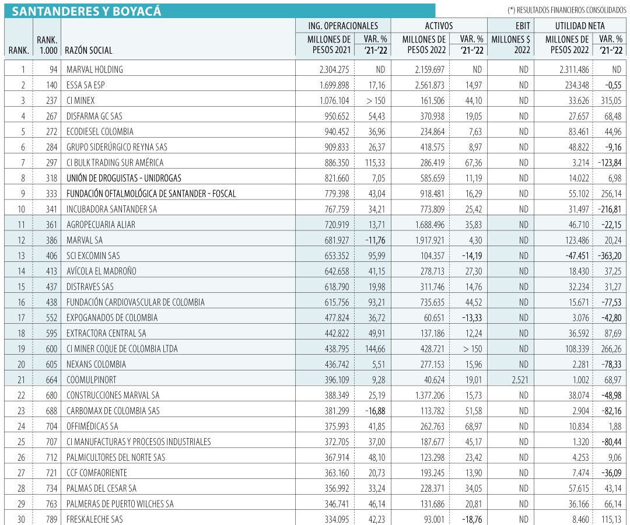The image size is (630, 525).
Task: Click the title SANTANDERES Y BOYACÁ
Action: point(87,11)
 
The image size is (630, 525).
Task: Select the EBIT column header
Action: point(511,26)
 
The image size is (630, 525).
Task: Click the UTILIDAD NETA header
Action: point(579,26)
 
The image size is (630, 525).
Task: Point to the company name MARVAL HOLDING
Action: point(94,69)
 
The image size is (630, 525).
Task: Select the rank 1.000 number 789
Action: point(50,519)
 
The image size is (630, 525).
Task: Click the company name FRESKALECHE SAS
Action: point(94,519)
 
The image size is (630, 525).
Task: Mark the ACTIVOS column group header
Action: point(439,26)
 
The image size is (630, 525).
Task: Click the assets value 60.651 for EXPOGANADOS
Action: point(433,318)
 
